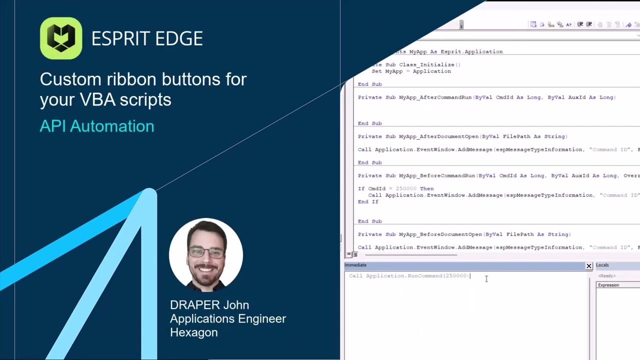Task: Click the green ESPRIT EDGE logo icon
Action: click(61, 38)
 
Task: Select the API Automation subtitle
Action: click(97, 126)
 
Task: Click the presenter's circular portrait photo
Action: click(206, 255)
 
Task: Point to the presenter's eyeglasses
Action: click(206, 252)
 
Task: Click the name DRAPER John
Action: click(209, 305)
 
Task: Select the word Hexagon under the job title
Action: click(193, 332)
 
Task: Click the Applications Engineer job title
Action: click(227, 318)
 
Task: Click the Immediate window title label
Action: click(355, 265)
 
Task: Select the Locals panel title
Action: click(602, 265)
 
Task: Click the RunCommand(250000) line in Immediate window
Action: click(409, 276)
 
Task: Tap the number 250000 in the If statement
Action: click(406, 188)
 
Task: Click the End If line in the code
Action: click(368, 201)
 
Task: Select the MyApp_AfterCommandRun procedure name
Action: click(435, 97)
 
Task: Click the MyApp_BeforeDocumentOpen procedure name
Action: click(440, 234)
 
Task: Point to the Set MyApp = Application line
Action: click(411, 71)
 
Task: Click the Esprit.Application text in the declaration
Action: click(471, 51)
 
